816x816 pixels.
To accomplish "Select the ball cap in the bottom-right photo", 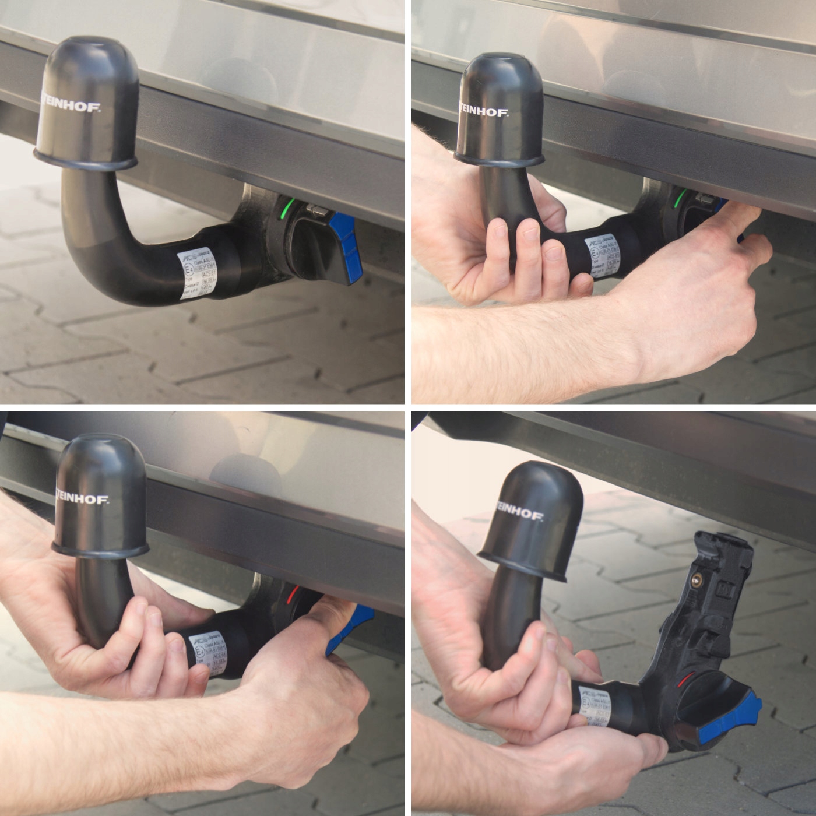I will (x=527, y=519).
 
